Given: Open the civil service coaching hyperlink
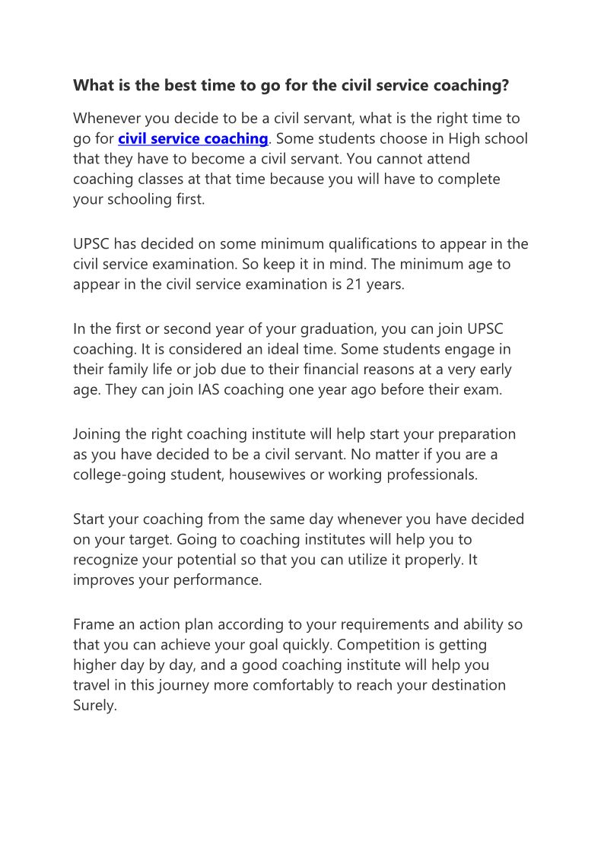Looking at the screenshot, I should click(192, 138).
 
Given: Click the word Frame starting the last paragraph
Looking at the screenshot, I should click(93, 624).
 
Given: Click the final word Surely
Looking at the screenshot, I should click(94, 705).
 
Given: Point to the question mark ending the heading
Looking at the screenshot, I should click(504, 85).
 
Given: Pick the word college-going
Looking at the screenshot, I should click(119, 475).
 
